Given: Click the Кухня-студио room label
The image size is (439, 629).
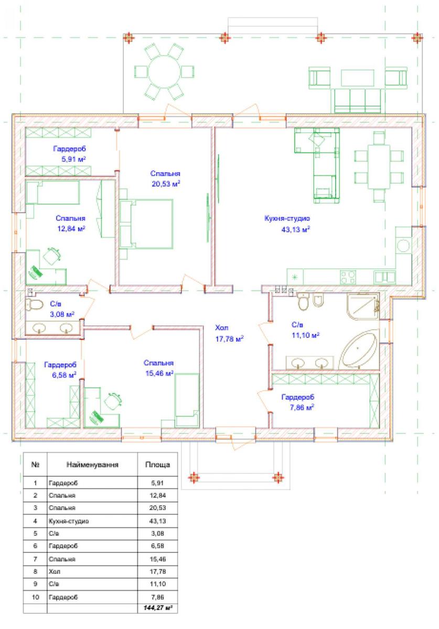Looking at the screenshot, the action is click(287, 218).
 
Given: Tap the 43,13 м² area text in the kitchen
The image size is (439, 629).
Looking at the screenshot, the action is click(296, 230).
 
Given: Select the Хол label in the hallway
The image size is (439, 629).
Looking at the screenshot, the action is click(222, 328).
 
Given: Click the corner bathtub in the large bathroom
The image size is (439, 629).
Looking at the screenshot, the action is click(358, 349).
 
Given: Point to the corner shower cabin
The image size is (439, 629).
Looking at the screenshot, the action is click(363, 306).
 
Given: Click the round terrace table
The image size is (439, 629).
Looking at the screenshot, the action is click(164, 72).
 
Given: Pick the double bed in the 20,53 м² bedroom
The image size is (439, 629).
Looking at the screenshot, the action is click(146, 224).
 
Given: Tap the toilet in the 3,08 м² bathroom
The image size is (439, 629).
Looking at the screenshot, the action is click(34, 305).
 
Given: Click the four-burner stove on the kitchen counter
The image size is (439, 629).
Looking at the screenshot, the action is click(348, 277).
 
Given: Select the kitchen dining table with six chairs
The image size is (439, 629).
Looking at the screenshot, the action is click(379, 167).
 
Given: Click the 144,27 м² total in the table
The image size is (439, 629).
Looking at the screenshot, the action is click(158, 608).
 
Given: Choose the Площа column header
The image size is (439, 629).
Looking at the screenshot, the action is click(158, 465).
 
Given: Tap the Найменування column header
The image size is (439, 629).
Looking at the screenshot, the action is click(92, 465).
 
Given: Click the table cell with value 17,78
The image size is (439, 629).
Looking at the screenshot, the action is click(158, 571).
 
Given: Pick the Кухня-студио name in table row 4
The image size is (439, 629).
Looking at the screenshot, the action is click(69, 521).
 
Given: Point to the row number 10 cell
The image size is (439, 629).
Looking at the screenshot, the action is click(35, 597).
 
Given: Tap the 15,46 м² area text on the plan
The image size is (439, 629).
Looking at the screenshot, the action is click(159, 373).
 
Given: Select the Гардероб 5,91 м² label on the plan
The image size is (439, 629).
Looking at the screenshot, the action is click(70, 154).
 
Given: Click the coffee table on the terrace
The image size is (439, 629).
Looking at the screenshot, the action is click(358, 78).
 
